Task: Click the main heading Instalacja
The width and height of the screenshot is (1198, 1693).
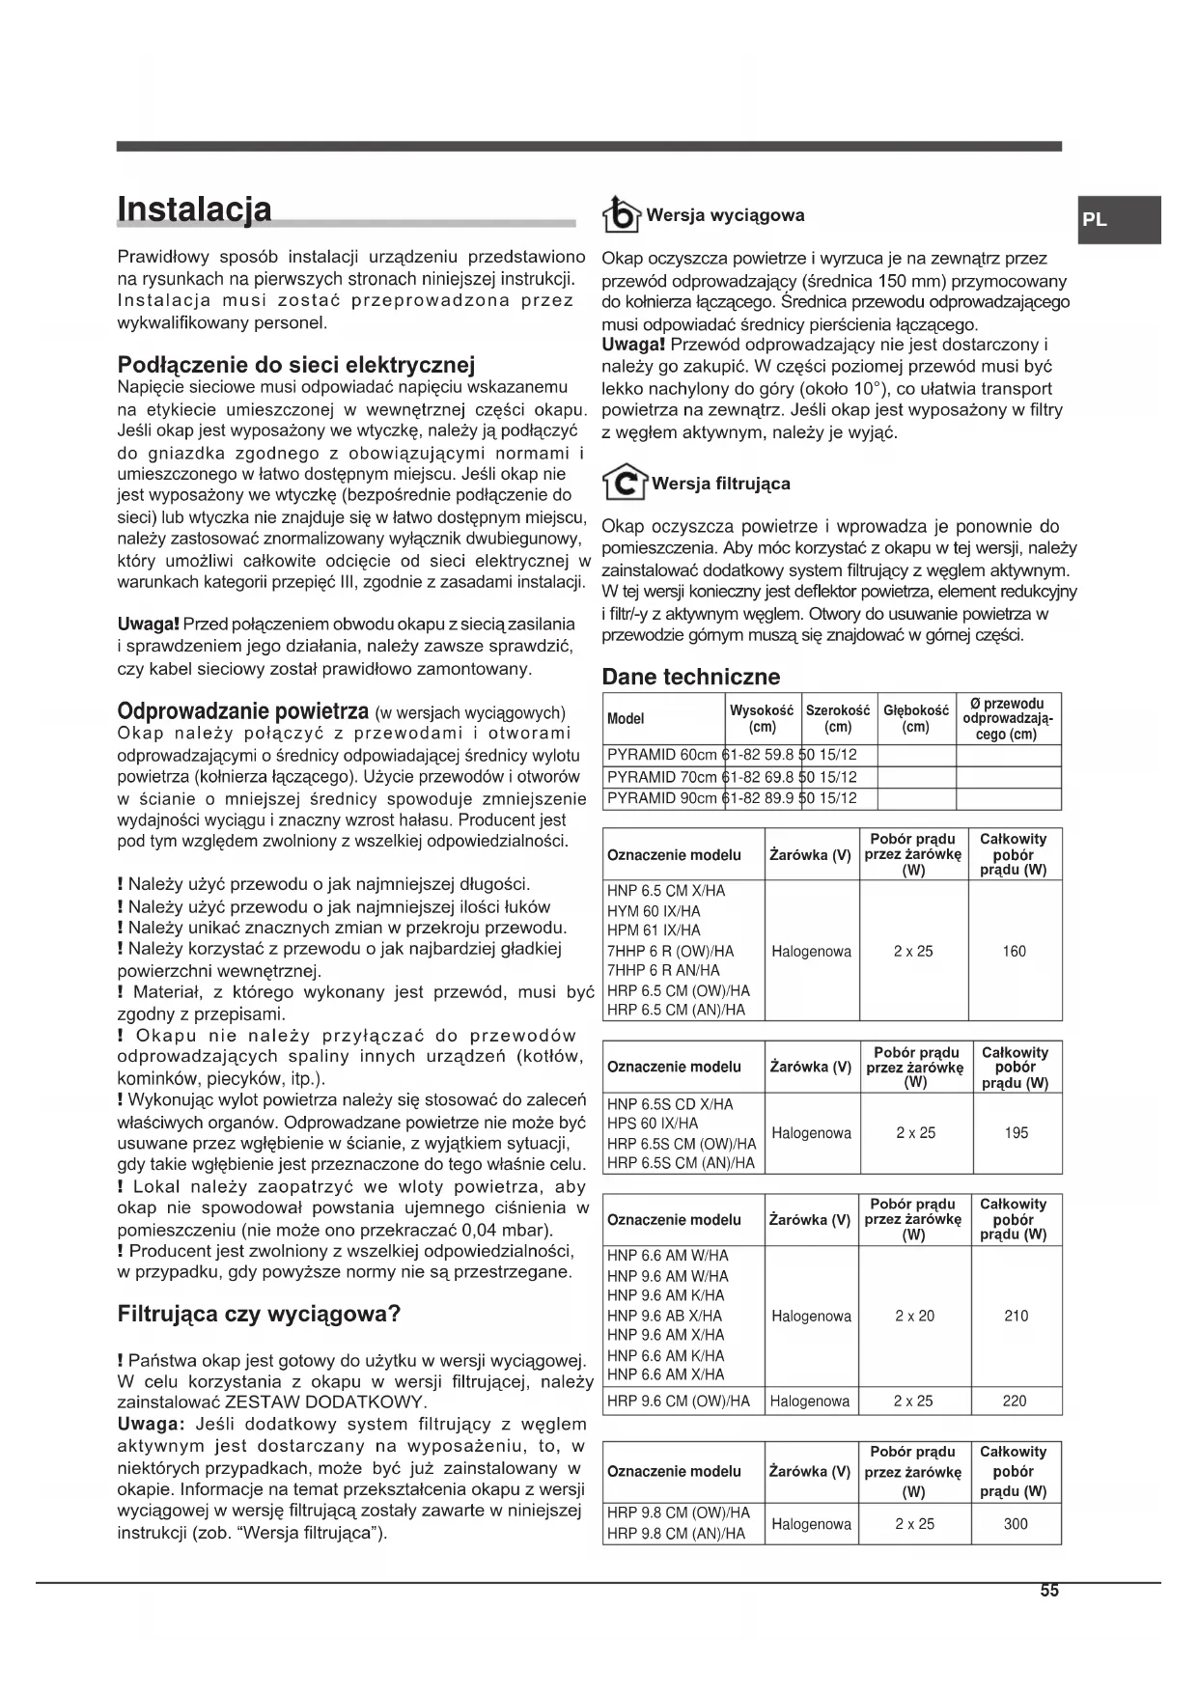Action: [x=194, y=209]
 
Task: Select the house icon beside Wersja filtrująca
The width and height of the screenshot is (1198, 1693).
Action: [x=624, y=483]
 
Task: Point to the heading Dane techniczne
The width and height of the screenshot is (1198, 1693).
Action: [x=690, y=677]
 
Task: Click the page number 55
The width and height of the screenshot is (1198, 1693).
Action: [x=1049, y=1591]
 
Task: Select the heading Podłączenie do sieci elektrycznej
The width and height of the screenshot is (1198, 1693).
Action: [x=296, y=365]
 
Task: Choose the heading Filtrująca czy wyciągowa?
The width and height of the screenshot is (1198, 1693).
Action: [x=259, y=1314]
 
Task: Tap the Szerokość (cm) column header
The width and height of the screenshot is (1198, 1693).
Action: [x=838, y=718]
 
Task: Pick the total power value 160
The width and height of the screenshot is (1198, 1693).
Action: [x=1014, y=952]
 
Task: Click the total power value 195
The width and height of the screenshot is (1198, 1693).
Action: [x=1016, y=1133]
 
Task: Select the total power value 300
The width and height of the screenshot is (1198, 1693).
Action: [x=1015, y=1524]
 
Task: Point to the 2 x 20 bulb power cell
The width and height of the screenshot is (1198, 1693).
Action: [x=913, y=1316]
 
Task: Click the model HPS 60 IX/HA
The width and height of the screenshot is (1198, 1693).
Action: [x=653, y=1124]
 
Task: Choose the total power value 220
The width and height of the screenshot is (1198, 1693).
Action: [x=1014, y=1402]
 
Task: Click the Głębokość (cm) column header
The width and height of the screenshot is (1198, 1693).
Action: [x=915, y=718]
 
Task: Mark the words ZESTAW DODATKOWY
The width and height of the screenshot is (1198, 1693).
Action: [x=325, y=1402]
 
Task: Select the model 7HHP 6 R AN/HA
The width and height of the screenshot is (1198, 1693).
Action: [x=663, y=971]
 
